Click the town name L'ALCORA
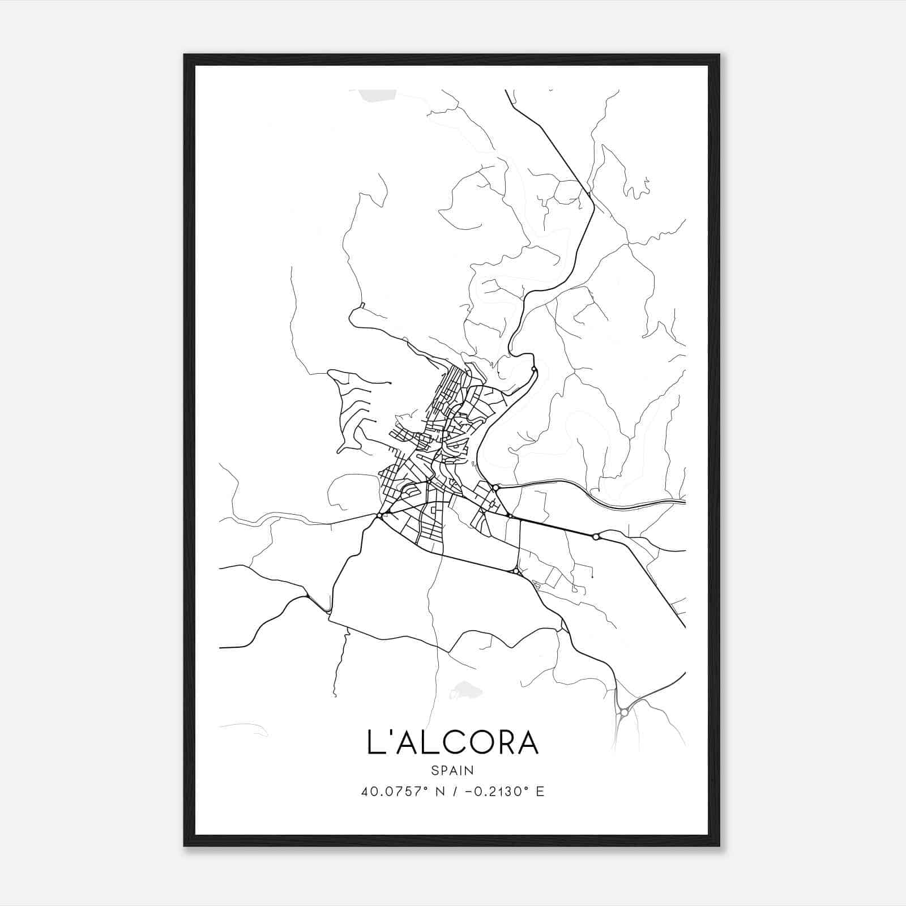click(x=452, y=743)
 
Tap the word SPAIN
click(x=452, y=770)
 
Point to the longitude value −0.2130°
click(x=492, y=792)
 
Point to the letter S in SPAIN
click(x=434, y=770)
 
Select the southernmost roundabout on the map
click(x=624, y=711)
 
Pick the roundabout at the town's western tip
click(x=379, y=515)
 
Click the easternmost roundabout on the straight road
click(x=596, y=536)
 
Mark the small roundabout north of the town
click(x=534, y=369)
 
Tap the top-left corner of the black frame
click(x=185, y=55)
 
